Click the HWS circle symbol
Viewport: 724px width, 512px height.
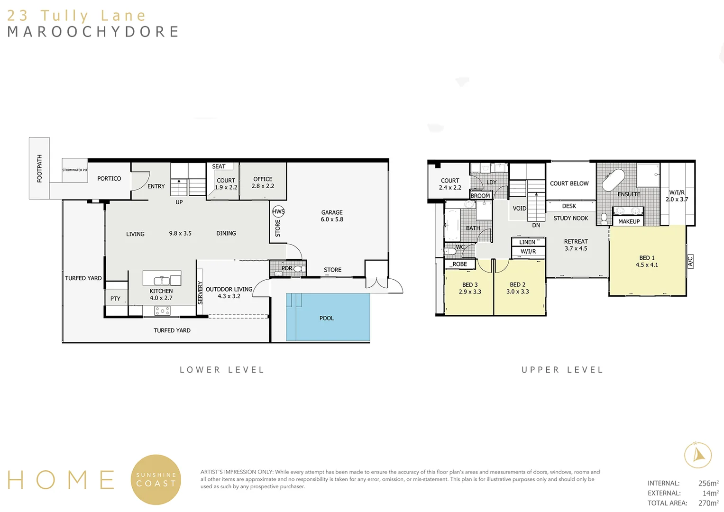278,211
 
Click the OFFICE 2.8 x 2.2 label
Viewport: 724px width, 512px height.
263,183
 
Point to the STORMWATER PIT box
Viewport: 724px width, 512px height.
75,170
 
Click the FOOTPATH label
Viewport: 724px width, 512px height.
39,168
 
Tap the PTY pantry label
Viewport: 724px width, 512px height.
115,299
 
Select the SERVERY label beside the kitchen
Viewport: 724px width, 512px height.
200,293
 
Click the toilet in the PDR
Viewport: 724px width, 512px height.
299,269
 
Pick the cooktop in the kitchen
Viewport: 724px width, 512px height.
162,311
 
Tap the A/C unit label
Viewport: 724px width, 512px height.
690,261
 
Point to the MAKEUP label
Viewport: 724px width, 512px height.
629,221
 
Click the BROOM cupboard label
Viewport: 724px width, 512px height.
480,195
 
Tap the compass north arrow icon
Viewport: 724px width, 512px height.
698,455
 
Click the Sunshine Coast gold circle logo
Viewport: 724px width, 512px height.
156,479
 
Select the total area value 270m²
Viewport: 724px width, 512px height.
708,503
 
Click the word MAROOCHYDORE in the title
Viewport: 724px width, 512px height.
93,32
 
